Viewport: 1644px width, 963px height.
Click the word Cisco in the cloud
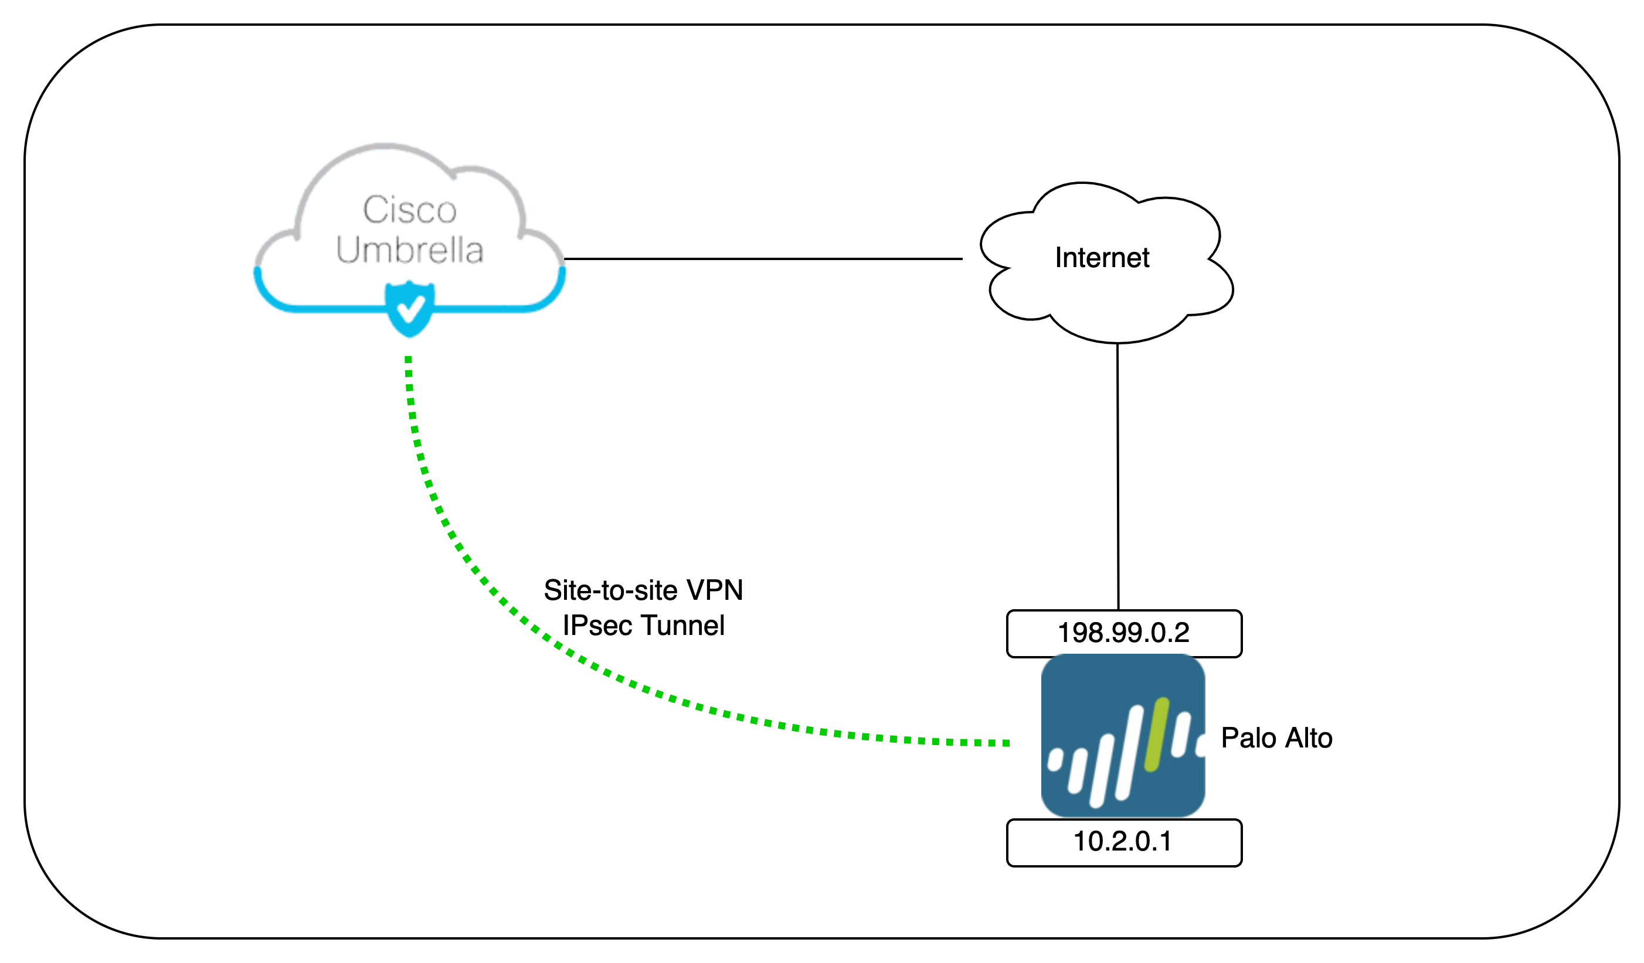click(x=409, y=210)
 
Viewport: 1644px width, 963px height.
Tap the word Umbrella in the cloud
click(x=409, y=250)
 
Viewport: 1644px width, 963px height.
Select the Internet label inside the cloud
click(x=1102, y=258)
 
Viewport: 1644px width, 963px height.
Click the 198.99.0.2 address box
click(x=1123, y=633)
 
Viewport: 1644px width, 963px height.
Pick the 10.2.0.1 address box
click(x=1123, y=842)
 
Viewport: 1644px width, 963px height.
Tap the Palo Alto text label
click(x=1276, y=738)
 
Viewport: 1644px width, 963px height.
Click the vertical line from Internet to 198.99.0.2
click(x=1117, y=476)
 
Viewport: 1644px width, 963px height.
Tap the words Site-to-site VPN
click(x=643, y=590)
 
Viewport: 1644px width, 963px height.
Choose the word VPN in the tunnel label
click(x=715, y=590)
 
